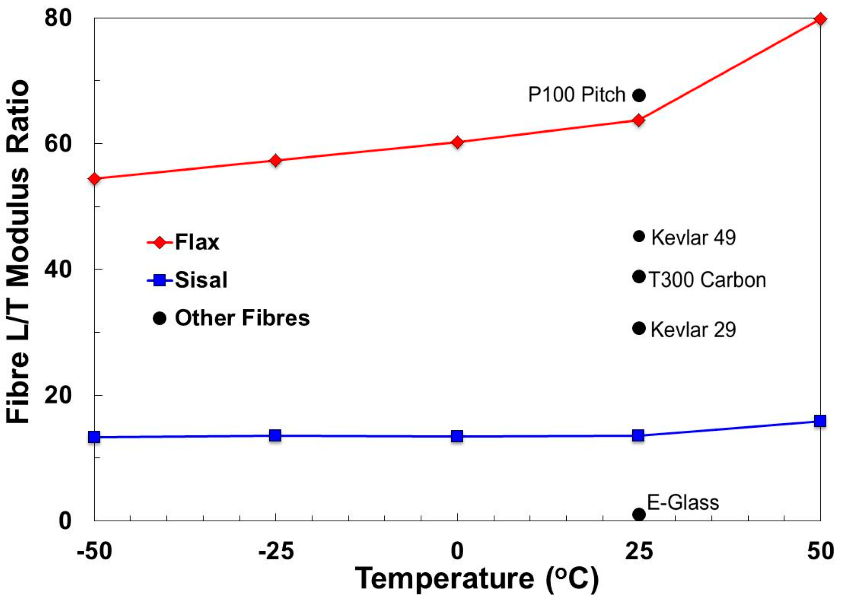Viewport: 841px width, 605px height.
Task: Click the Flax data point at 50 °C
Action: pos(819,19)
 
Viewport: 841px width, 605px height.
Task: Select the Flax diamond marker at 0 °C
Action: pos(457,142)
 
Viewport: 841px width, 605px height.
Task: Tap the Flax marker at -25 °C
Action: pos(276,160)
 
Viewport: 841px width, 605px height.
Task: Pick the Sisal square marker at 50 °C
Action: pos(819,420)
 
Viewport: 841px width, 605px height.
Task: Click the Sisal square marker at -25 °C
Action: pos(275,435)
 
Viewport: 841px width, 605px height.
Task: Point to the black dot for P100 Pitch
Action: pos(638,95)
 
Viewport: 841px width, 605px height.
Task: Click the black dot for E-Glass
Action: pos(638,514)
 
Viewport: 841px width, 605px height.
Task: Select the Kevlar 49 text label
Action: pos(693,237)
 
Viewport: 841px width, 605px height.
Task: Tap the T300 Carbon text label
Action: pos(707,280)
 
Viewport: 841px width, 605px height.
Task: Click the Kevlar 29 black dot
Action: pos(638,328)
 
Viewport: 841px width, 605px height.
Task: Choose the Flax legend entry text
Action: pos(197,242)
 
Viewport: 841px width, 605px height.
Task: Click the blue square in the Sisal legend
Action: pos(159,280)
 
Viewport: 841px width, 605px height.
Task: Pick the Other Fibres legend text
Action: pos(242,318)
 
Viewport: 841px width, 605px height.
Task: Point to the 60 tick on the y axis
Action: pos(58,144)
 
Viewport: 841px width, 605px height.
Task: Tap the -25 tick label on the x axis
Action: pos(276,551)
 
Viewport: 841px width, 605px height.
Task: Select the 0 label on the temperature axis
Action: pos(457,551)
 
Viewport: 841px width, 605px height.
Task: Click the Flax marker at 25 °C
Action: pos(638,120)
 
